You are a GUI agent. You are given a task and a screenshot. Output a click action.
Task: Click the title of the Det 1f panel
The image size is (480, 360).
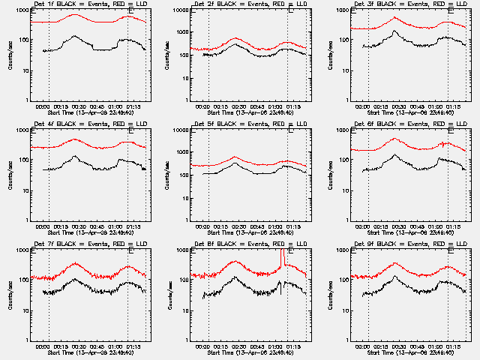pyautogui.click(x=90, y=4)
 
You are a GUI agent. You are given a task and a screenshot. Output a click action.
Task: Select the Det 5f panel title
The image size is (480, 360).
pyautogui.click(x=250, y=124)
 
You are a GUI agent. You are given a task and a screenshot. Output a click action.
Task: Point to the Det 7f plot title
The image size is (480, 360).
pyautogui.click(x=90, y=244)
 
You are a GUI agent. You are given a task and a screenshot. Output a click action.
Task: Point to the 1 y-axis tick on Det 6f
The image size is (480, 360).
pyautogui.click(x=346, y=220)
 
